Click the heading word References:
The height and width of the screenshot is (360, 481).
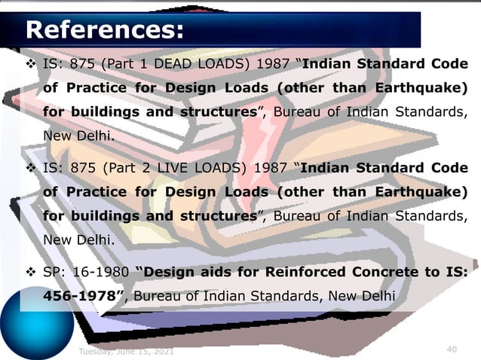(x=105, y=30)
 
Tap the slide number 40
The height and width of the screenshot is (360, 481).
(x=452, y=349)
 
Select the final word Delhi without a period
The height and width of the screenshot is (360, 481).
(x=378, y=294)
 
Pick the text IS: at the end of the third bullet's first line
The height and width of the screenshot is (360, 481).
(x=455, y=271)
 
